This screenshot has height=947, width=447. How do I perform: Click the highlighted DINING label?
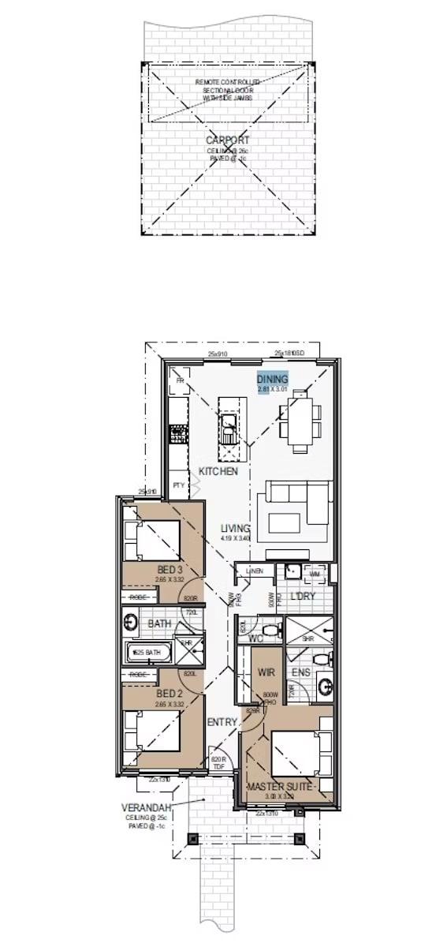click(273, 380)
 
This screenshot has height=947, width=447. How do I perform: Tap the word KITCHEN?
click(218, 471)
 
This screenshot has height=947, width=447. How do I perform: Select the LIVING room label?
click(235, 528)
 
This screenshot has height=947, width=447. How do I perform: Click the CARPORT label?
click(227, 140)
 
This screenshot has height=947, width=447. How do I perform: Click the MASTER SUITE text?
click(281, 787)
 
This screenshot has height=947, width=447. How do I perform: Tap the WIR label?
click(266, 672)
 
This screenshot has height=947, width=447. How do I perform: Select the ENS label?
click(301, 672)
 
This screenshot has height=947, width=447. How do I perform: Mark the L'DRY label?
click(303, 596)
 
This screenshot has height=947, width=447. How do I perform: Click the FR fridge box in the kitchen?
click(180, 381)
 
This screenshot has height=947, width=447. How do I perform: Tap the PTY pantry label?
click(179, 485)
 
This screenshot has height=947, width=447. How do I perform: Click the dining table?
click(302, 421)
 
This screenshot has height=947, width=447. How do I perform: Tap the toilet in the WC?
click(270, 631)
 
